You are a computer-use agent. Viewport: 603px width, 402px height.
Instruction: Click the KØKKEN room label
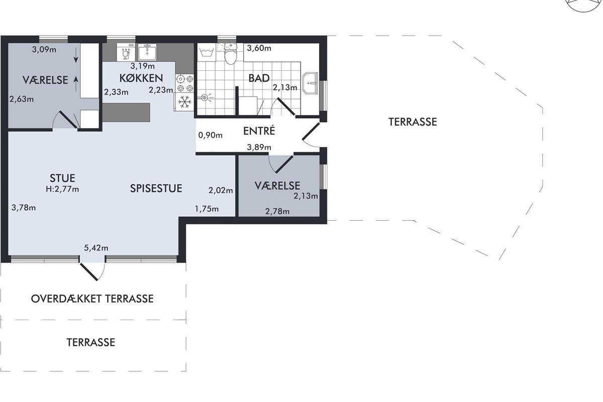(x=141, y=78)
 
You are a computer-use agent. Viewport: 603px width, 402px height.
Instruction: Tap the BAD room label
(x=259, y=78)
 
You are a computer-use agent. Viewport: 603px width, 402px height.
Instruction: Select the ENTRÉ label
(x=259, y=131)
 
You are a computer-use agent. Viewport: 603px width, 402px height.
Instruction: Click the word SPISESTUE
(x=156, y=188)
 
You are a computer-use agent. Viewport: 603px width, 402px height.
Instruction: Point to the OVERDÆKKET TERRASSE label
(x=92, y=298)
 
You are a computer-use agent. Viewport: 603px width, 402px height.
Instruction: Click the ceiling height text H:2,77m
(x=62, y=189)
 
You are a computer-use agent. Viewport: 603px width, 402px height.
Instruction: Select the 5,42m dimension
(x=96, y=248)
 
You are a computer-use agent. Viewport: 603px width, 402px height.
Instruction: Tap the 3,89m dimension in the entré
(x=259, y=147)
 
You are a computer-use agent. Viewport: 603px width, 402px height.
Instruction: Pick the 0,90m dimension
(x=210, y=135)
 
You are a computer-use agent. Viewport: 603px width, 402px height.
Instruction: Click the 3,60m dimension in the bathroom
(x=259, y=48)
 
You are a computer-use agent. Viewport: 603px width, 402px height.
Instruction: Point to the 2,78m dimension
(x=277, y=212)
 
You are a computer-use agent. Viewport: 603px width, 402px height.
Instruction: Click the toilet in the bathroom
(x=231, y=54)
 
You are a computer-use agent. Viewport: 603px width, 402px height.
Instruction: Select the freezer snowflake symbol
(x=185, y=102)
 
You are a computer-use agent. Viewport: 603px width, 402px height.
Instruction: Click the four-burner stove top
(x=185, y=83)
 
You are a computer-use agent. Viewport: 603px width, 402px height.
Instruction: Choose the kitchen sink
(x=147, y=52)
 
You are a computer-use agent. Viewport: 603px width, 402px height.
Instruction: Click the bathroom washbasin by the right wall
(x=311, y=83)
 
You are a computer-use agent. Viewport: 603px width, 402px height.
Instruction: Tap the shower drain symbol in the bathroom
(x=205, y=97)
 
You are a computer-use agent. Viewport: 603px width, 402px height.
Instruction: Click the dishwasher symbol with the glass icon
(x=126, y=52)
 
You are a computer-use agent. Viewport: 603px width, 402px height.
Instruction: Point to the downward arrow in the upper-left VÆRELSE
(x=76, y=55)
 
